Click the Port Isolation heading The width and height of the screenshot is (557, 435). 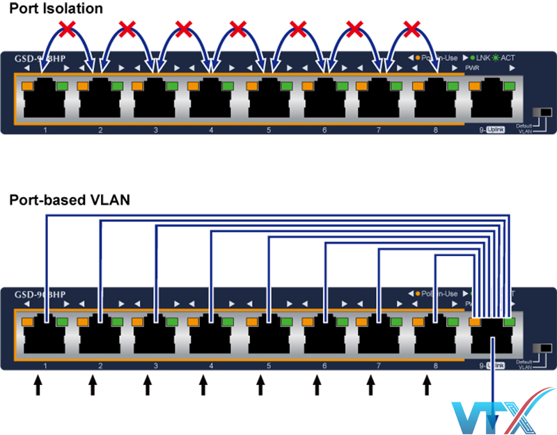pyautogui.click(x=56, y=10)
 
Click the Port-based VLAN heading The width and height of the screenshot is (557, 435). pyautogui.click(x=69, y=200)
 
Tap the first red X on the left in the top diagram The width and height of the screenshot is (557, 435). pyautogui.click(x=67, y=29)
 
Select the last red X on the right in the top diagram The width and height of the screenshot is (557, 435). pyautogui.click(x=413, y=29)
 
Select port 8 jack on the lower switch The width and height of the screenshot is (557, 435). pyautogui.click(x=437, y=337)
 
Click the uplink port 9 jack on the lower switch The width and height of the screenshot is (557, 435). pyautogui.click(x=493, y=337)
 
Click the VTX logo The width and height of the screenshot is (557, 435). pyautogui.click(x=497, y=416)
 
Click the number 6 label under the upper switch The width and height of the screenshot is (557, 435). pyautogui.click(x=324, y=130)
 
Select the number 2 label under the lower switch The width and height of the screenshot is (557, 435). pyautogui.click(x=100, y=365)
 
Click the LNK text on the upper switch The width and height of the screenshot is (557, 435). pyautogui.click(x=483, y=58)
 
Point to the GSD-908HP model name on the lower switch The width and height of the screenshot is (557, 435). pyautogui.click(x=40, y=294)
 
